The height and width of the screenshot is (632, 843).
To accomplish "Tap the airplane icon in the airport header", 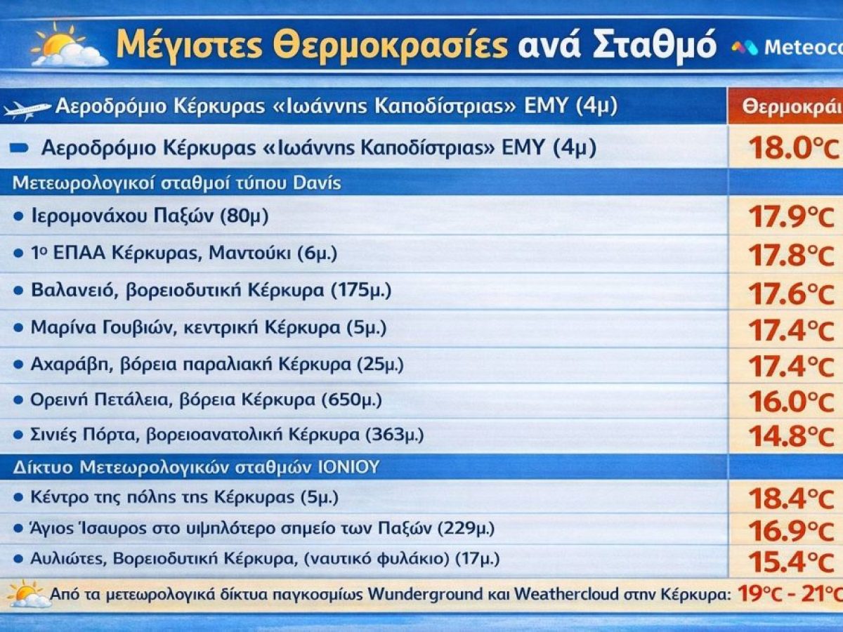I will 27,110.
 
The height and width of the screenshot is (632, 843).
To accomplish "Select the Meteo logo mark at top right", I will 745,48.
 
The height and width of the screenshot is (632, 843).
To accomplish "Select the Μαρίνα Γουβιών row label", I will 208,327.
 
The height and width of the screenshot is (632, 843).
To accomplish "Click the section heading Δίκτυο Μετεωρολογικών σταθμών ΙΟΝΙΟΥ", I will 196,467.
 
